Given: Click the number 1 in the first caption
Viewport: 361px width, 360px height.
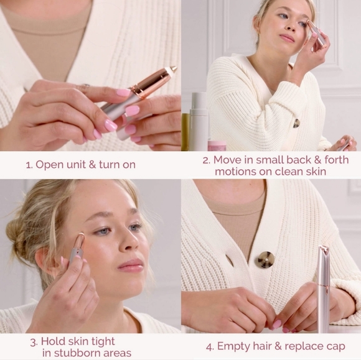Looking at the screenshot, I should pyautogui.click(x=28, y=165).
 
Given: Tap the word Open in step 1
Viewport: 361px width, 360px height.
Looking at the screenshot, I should pyautogui.click(x=50, y=165).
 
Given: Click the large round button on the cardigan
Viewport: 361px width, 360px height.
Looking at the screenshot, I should pyautogui.click(x=265, y=260).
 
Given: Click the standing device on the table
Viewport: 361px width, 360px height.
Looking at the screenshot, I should pyautogui.click(x=323, y=289).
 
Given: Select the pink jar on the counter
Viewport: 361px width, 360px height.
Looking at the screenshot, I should pyautogui.click(x=217, y=145).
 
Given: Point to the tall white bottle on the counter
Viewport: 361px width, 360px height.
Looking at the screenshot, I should pyautogui.click(x=199, y=121).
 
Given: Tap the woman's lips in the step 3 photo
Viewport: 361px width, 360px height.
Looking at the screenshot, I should pyautogui.click(x=131, y=265).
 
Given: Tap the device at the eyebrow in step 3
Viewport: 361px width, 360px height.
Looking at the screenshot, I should pyautogui.click(x=78, y=247).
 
